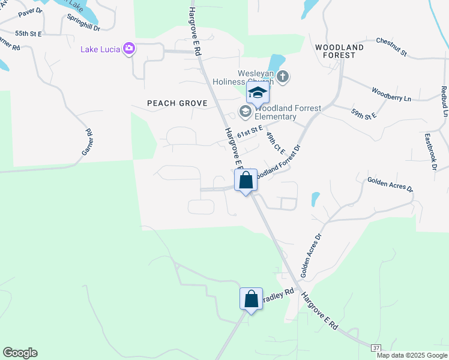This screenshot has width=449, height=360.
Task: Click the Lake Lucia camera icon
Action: pos(128,49)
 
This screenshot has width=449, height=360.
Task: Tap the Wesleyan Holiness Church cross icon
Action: pos(283,77)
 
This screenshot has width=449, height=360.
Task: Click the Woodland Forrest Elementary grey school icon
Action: pos(245,112)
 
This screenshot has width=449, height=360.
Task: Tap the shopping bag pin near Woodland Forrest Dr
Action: pos(246,180)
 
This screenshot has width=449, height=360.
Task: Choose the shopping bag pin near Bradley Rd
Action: pos(252,299)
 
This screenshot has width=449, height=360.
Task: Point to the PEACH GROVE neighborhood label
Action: pos(177,103)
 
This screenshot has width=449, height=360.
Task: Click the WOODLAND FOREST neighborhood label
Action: pos(339,50)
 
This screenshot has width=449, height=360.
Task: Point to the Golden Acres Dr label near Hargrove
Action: pos(312,254)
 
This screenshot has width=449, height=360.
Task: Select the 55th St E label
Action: pos(28,34)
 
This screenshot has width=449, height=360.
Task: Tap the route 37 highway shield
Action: pos(376,347)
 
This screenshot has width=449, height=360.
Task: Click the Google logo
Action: pos(20,353)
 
